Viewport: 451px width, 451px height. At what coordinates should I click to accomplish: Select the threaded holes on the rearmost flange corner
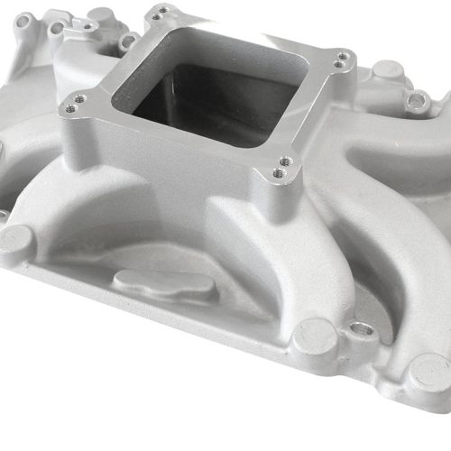(x=160, y=14)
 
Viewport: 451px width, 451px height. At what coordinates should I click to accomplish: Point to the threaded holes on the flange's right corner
(x=341, y=60)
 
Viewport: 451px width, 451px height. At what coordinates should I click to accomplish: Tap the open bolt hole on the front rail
(x=364, y=329)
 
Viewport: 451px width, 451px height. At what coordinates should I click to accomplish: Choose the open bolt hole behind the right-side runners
(x=417, y=100)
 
